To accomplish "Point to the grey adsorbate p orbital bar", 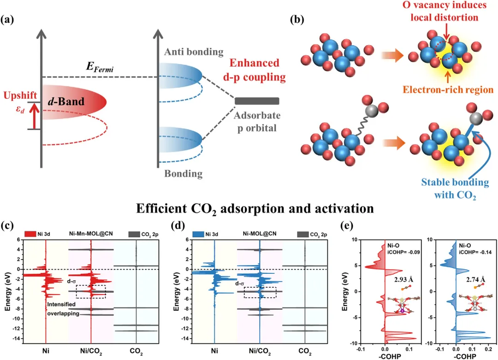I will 257,101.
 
